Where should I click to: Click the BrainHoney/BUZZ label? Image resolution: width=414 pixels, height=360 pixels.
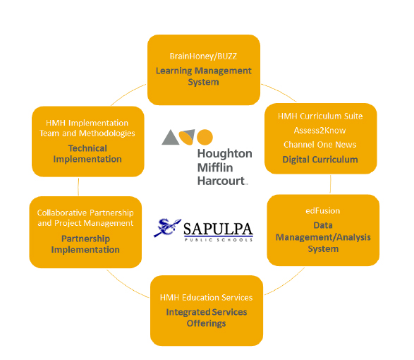203,56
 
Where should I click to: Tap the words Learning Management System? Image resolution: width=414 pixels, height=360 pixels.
203,76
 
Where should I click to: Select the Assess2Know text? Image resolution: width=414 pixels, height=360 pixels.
319,131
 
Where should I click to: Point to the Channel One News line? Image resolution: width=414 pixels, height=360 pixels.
320,145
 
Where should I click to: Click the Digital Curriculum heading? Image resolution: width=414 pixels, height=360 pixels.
320,160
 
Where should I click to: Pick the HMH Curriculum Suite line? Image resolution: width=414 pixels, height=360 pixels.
320,116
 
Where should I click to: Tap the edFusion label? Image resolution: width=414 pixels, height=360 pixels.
323,210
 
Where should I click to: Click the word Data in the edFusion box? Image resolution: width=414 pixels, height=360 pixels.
323,225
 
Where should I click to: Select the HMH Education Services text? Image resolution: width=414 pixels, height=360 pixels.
206,298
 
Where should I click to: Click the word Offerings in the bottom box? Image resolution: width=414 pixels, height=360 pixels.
206,323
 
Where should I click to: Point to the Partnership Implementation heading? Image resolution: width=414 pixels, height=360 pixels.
85,244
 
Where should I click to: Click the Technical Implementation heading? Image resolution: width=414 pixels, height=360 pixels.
87,154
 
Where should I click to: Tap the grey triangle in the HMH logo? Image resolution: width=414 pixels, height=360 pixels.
170,138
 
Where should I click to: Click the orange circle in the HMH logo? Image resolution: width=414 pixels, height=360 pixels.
205,137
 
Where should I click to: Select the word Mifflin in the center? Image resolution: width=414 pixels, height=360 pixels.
215,167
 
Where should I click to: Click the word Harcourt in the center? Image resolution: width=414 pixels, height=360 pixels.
221,181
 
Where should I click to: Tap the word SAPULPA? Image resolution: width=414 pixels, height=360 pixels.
218,229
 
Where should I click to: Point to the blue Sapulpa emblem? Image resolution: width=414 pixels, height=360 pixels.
167,227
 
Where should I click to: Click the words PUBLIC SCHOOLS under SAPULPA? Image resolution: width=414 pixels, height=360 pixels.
219,240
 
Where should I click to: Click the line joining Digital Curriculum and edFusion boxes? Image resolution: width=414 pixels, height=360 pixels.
330,184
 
